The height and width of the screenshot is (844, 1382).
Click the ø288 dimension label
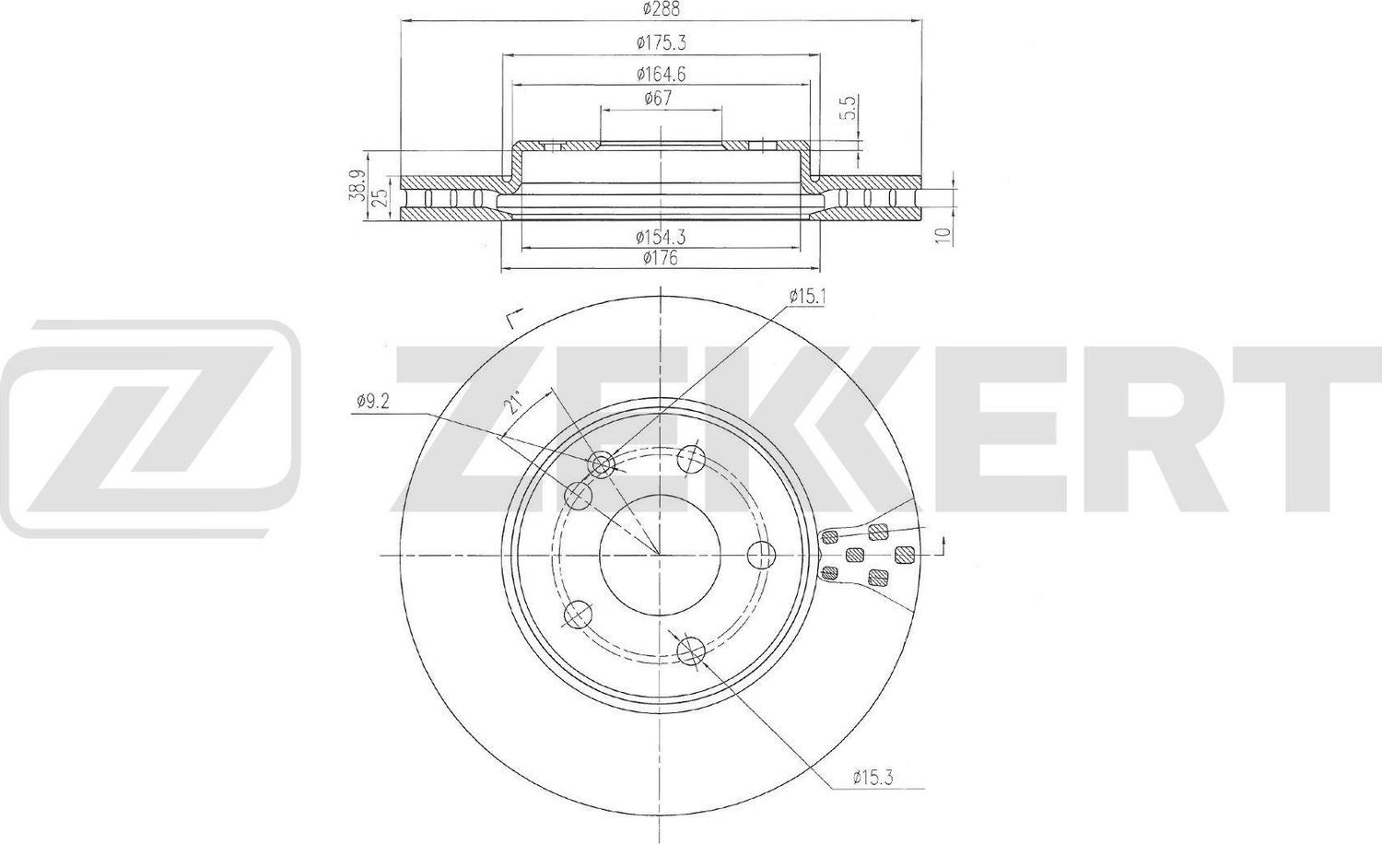pyautogui.click(x=662, y=9)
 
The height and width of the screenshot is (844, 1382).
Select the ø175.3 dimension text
pyautogui.click(x=662, y=43)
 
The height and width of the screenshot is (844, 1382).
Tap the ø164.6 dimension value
pyautogui.click(x=662, y=75)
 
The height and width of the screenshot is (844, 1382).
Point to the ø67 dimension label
pyautogui.click(x=659, y=98)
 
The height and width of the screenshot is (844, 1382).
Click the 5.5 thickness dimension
pyautogui.click(x=849, y=109)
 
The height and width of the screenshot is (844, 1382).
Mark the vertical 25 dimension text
pyautogui.click(x=381, y=197)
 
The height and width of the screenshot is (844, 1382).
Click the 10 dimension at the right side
pyautogui.click(x=943, y=234)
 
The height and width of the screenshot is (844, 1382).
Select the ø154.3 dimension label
pyautogui.click(x=661, y=237)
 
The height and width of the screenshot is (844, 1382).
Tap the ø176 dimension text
pyautogui.click(x=661, y=258)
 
